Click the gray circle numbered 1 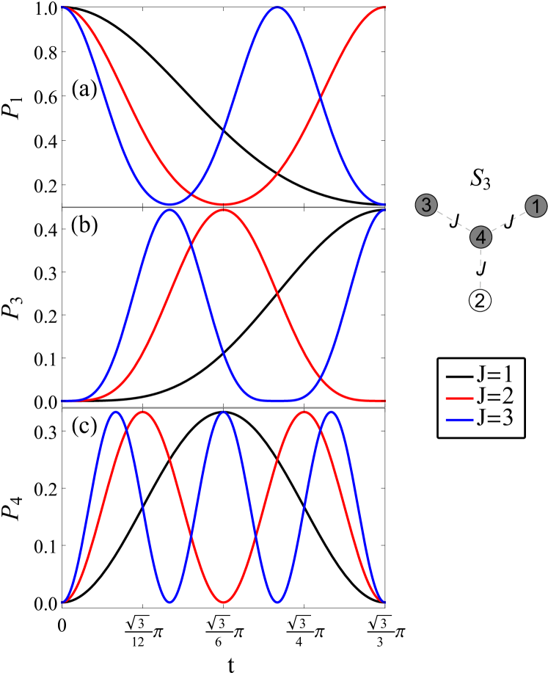[x=536, y=206]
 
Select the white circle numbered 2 [x=481, y=299]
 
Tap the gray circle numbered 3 [x=427, y=205]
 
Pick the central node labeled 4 [x=481, y=237]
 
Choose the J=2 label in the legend [x=495, y=397]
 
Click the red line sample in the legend [x=457, y=398]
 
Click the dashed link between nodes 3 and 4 [x=453, y=221]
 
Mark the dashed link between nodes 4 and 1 [x=508, y=222]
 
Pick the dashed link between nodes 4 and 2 [x=481, y=269]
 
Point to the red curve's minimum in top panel [x=224, y=205]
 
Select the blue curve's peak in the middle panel [x=169, y=210]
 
